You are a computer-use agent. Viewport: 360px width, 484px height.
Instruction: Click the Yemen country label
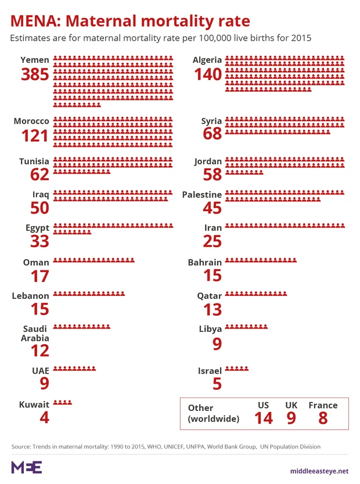[34, 60]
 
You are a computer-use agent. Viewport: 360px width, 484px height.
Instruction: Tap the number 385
[35, 75]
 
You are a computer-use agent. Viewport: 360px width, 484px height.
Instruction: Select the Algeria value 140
[208, 75]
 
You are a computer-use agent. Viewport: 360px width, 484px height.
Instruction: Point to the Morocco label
[31, 121]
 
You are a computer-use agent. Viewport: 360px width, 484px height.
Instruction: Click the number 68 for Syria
[213, 134]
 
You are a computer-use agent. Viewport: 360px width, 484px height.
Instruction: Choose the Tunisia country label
[34, 161]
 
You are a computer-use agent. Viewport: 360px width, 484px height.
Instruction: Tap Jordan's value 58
[213, 174]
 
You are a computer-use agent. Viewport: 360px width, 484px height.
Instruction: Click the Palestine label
[201, 194]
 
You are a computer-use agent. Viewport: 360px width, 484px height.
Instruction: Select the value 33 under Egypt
[39, 241]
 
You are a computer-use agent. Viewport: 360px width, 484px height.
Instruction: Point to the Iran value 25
[213, 241]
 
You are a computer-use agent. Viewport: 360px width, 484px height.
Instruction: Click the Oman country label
[36, 262]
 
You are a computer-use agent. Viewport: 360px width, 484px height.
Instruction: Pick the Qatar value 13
[213, 309]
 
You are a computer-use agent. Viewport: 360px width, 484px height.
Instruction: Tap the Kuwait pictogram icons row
[63, 402]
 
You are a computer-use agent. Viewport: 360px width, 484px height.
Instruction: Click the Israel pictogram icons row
[236, 369]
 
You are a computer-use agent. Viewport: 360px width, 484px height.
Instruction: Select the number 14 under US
[263, 418]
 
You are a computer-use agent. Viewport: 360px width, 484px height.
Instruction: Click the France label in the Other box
[323, 405]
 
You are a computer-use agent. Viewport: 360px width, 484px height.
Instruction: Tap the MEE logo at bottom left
[26, 468]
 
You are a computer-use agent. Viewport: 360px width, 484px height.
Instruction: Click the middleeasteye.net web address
[319, 470]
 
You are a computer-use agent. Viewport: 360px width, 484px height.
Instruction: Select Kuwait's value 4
[44, 417]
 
